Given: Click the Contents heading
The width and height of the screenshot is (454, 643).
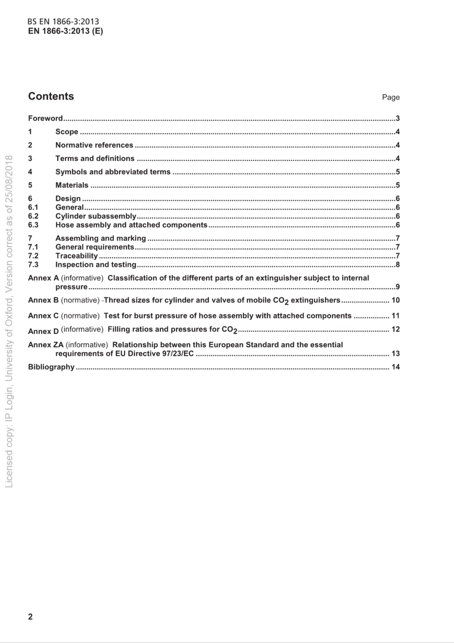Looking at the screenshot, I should click(x=51, y=96).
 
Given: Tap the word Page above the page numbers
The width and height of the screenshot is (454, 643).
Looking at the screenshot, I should click(x=390, y=98).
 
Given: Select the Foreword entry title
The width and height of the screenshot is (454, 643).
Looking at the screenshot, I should click(x=45, y=119).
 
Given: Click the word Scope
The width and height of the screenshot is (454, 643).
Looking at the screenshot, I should click(x=66, y=132).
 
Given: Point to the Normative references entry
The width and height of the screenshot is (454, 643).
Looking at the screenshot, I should click(x=94, y=145).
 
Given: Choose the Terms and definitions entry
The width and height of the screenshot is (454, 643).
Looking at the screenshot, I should click(x=95, y=159).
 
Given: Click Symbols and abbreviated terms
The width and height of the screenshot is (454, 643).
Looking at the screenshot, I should click(x=113, y=172).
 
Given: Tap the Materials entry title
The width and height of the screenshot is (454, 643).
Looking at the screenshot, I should click(x=72, y=185).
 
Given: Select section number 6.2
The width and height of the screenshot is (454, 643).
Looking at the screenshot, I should click(x=33, y=216).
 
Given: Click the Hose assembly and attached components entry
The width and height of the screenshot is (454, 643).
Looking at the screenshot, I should click(x=131, y=225).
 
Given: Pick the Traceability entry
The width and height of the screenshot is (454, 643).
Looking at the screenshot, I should click(x=76, y=256).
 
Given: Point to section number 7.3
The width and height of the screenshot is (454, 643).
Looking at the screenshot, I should click(x=33, y=265).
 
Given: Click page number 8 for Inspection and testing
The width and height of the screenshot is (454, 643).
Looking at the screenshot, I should click(x=398, y=265).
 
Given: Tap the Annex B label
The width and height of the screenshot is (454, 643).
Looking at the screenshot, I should click(x=43, y=300).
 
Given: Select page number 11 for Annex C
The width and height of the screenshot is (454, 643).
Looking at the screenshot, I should click(x=395, y=316).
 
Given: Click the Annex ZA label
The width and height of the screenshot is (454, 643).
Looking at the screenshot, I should click(x=45, y=345).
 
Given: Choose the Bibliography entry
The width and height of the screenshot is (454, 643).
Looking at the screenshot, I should click(x=51, y=367).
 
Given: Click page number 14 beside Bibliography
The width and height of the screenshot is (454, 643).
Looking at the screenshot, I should click(x=395, y=367).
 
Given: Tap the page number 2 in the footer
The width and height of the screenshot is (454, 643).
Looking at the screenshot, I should click(x=31, y=617).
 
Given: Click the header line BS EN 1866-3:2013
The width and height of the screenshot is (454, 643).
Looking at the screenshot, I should click(x=63, y=22).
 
